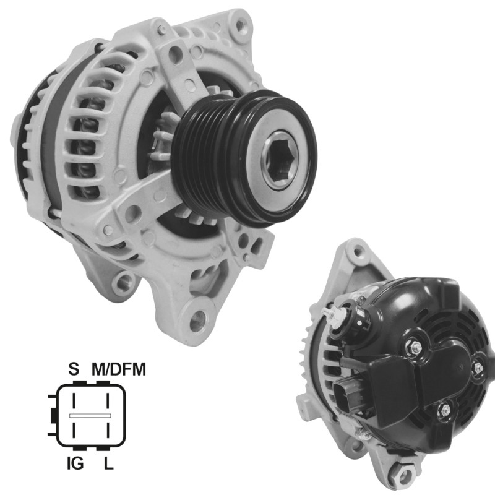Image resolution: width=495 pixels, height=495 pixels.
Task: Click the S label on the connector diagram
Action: pos(74,369)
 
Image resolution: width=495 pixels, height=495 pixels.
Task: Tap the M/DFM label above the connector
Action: pos(119,369)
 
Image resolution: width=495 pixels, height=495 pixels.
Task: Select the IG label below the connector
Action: pos(75,463)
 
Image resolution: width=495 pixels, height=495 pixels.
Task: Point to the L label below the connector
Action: pos(109,463)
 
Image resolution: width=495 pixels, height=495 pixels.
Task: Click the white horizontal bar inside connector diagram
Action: pos(90,416)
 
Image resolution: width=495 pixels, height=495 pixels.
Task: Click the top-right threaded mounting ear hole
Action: pos(241,24)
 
